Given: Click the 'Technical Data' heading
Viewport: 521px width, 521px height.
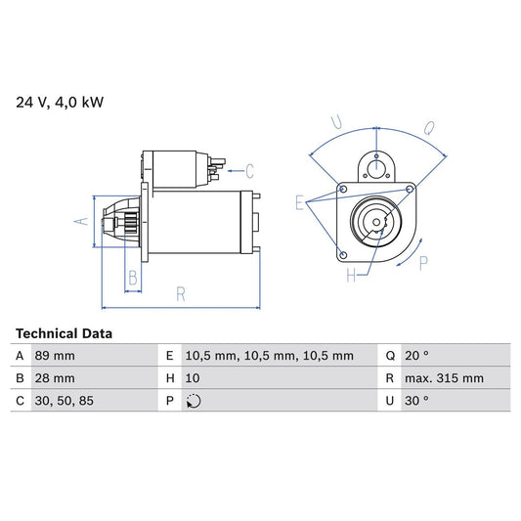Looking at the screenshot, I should (x=64, y=333).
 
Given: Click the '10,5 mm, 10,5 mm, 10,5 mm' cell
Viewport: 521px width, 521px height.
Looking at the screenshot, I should (x=269, y=356).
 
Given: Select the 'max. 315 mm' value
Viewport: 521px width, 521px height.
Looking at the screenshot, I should (x=447, y=378).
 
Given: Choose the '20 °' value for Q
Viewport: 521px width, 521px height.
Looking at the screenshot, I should (x=422, y=356).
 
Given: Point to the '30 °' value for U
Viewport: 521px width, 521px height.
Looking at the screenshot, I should (x=422, y=401).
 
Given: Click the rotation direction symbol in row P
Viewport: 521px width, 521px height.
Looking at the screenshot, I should (x=194, y=401).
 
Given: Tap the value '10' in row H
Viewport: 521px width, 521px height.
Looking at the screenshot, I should (x=193, y=378).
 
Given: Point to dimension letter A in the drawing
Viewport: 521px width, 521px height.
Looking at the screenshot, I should (x=82, y=221).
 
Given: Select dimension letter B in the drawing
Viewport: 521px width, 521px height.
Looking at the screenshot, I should (x=133, y=278).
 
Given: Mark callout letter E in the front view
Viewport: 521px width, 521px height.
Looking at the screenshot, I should (x=299, y=202).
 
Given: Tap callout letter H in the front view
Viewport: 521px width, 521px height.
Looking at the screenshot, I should (x=351, y=277).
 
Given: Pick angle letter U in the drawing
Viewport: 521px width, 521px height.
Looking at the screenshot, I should (x=335, y=123).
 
